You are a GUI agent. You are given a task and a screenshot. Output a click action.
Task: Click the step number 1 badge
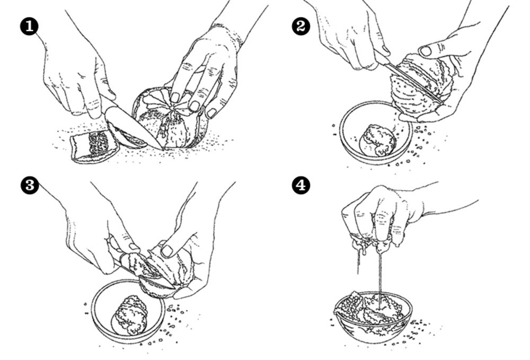[30, 27]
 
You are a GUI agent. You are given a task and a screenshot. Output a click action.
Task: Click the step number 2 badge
[301, 27]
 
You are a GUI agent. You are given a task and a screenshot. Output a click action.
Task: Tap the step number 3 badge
[30, 186]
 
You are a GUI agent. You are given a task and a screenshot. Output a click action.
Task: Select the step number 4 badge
[301, 186]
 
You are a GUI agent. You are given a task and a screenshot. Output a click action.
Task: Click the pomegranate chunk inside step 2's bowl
[378, 139]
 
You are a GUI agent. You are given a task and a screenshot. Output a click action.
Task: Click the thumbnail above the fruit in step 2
[426, 51]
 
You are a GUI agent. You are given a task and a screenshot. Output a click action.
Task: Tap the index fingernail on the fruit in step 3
[167, 251]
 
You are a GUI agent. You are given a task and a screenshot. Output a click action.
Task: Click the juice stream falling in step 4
[379, 276]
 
